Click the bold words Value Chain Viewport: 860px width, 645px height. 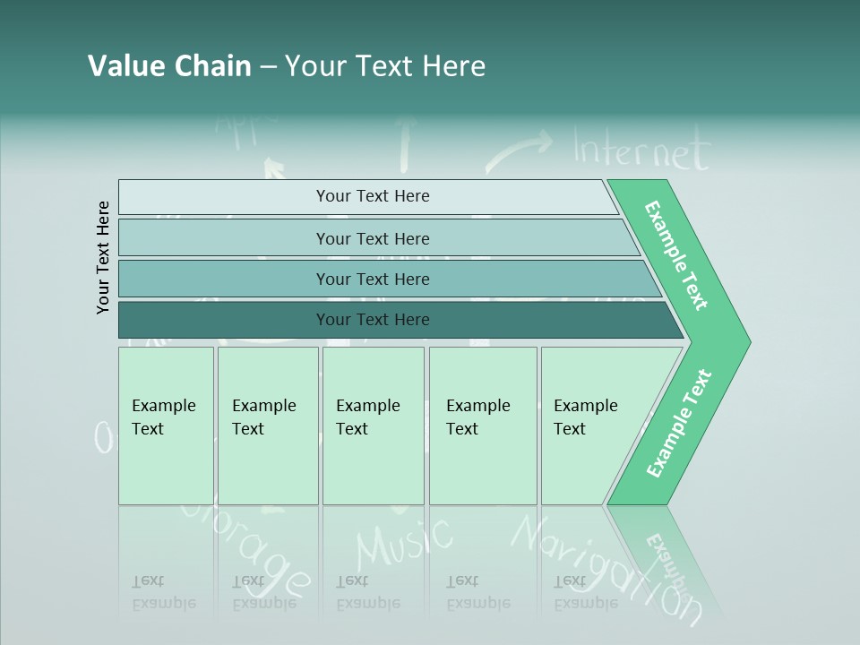point(169,66)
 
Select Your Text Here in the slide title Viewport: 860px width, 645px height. point(385,66)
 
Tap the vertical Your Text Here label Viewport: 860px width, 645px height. point(103,258)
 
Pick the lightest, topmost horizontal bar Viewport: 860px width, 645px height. point(367,196)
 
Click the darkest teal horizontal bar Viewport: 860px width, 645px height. point(394,320)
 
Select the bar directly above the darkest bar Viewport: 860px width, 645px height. point(385,279)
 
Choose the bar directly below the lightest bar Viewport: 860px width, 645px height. point(376,238)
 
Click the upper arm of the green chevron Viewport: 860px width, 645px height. point(676,255)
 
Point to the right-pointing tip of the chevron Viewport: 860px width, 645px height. point(744,341)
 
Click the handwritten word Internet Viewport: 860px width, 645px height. point(641,150)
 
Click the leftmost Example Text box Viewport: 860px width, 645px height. point(166,426)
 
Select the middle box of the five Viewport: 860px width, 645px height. point(373,426)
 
